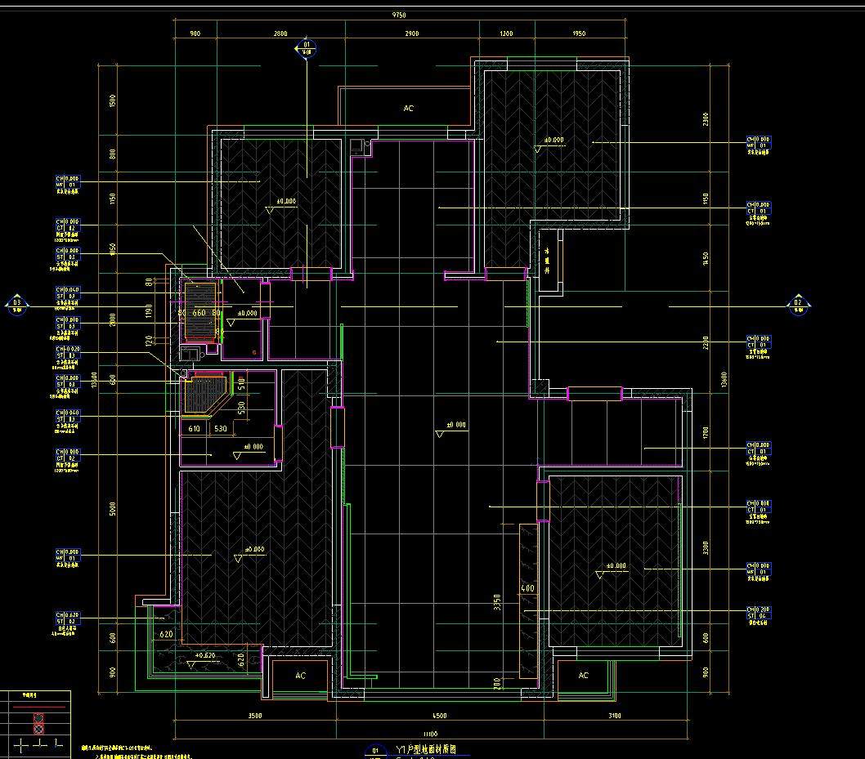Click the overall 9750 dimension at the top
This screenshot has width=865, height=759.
coord(399,16)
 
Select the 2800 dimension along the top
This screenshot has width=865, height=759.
coord(280,34)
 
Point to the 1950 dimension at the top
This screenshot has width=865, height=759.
coord(579,34)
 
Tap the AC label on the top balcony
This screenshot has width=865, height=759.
coord(409,109)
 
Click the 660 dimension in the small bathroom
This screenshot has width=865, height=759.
coord(199,313)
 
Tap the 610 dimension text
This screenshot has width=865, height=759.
coord(195,429)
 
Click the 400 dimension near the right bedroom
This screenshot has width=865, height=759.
coord(527,589)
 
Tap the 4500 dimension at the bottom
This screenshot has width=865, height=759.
coord(439,716)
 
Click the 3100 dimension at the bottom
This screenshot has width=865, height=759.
coord(615,716)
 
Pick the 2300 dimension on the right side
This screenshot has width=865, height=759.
coord(706,120)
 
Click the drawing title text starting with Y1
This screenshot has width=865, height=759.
coord(431,749)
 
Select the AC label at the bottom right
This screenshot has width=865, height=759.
coord(583,676)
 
